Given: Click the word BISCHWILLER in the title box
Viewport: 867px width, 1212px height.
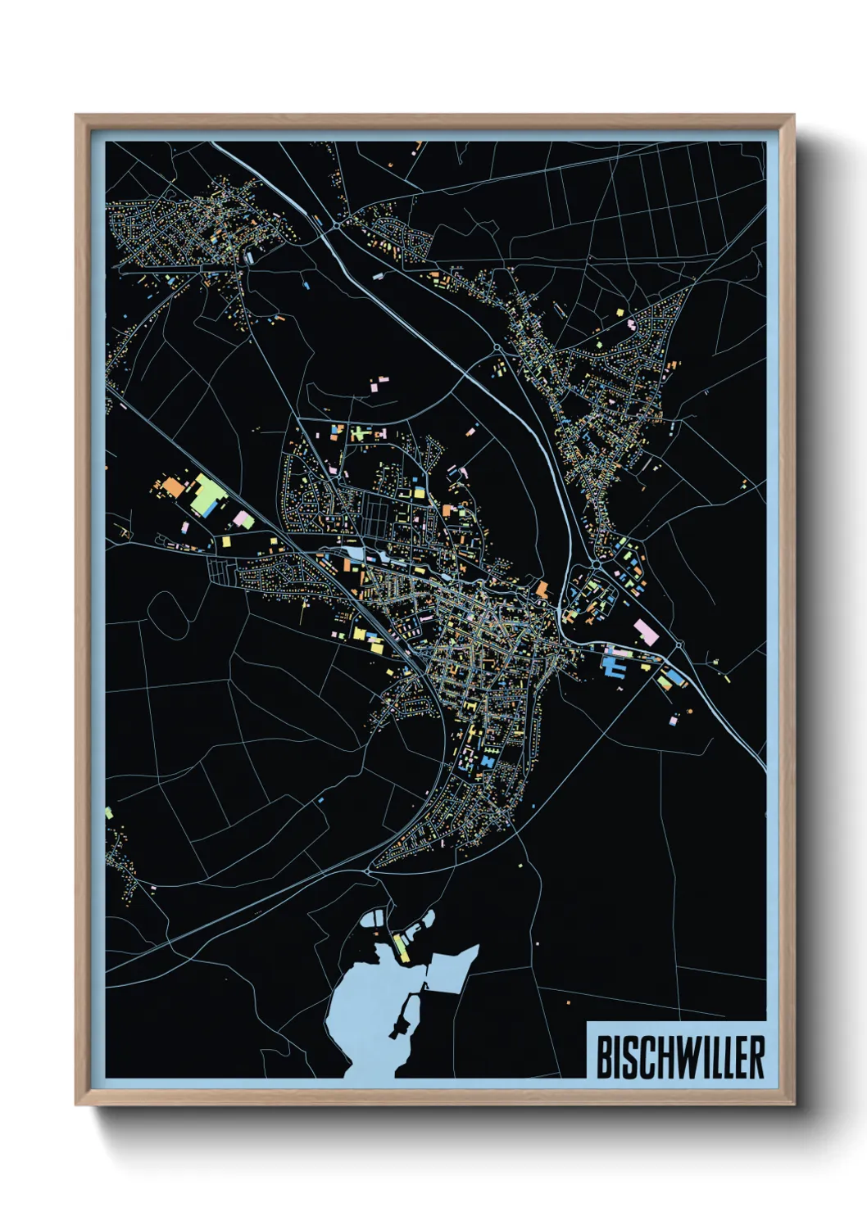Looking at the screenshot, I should point(680,1057).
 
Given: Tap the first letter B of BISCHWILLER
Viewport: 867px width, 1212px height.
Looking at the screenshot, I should point(603,1057).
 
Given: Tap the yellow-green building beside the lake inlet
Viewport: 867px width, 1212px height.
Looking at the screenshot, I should point(401,947).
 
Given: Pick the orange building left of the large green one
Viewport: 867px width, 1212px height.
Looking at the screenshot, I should point(175,488).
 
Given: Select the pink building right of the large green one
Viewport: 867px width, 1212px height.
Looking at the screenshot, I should point(243,518).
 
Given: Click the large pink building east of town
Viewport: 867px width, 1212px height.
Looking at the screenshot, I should point(646,631).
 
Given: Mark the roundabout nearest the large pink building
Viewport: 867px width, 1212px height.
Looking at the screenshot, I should point(679,645).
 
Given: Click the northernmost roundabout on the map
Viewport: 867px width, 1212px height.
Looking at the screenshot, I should point(336,224).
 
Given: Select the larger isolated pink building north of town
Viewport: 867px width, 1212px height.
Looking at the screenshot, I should point(380,381).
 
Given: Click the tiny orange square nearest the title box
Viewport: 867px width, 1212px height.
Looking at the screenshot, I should point(567,1002).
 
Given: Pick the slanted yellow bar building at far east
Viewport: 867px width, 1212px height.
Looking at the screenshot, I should point(725,677).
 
